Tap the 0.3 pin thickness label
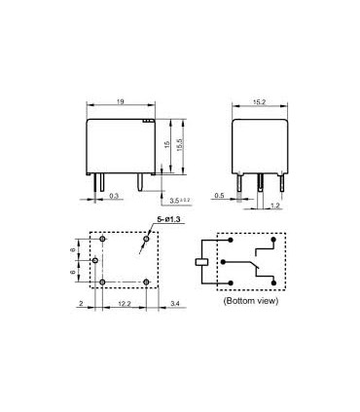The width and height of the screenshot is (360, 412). (x=115, y=196)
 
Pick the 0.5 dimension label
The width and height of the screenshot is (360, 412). (x=221, y=195)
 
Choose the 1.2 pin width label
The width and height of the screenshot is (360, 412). (x=276, y=207)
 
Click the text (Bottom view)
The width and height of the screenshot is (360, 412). (x=251, y=302)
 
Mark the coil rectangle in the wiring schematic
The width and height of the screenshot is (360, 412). (x=200, y=261)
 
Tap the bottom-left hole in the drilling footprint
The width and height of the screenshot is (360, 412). (x=103, y=282)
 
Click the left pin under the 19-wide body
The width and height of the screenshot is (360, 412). (x=99, y=181)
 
